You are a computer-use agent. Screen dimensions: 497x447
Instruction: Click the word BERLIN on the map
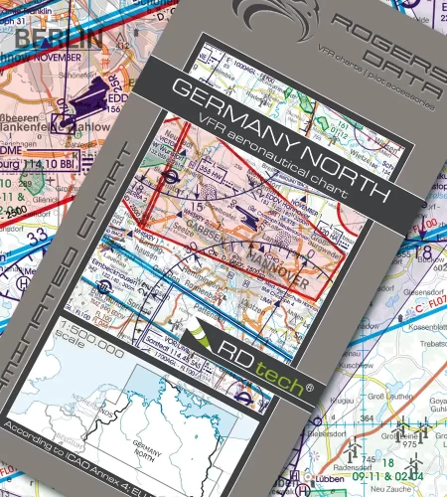[58, 40]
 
